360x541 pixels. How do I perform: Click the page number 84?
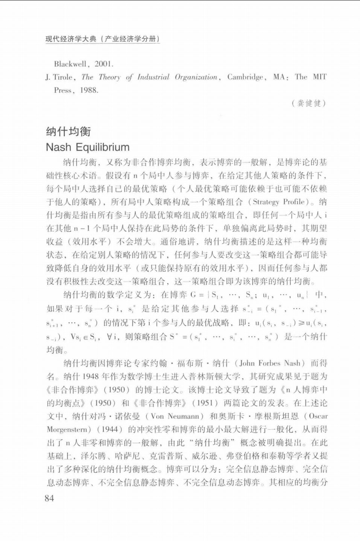tap(49, 498)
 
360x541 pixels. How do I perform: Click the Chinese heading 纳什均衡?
tap(68, 132)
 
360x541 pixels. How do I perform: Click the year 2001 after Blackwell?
tap(104, 64)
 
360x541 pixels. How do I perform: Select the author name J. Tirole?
tap(59, 77)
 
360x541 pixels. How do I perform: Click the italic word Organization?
tap(196, 77)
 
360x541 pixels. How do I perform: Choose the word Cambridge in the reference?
tap(245, 77)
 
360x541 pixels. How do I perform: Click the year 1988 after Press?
tap(89, 90)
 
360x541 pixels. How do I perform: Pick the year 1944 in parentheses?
tap(110, 429)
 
